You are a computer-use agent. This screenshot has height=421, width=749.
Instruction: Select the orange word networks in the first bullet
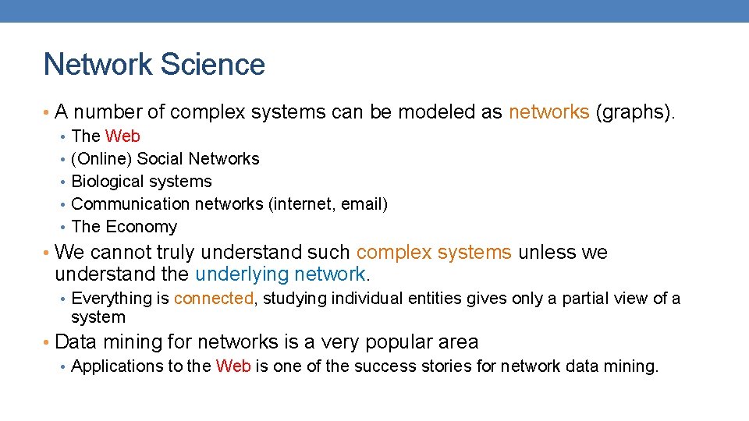pyautogui.click(x=548, y=112)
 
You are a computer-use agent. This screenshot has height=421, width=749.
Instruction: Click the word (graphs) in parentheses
pyautogui.click(x=631, y=112)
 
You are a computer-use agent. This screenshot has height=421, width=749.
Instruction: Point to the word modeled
pyautogui.click(x=437, y=112)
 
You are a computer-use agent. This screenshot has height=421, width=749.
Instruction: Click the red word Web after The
pyautogui.click(x=122, y=136)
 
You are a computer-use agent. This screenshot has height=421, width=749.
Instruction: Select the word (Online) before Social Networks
pyautogui.click(x=101, y=159)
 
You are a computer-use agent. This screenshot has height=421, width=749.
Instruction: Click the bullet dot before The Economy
pyautogui.click(x=62, y=227)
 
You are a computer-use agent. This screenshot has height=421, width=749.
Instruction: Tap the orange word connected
pyautogui.click(x=214, y=299)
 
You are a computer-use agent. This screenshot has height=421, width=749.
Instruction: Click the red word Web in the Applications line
pyautogui.click(x=233, y=366)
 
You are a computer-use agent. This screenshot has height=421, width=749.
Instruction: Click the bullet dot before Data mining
pyautogui.click(x=48, y=342)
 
